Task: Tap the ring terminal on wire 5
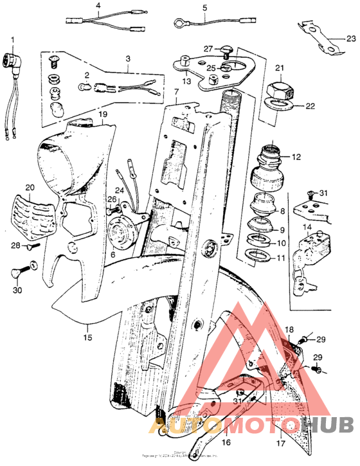tap(176, 24)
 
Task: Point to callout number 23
tap(350, 39)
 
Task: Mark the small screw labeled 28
tap(33, 246)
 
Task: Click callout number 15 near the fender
tap(87, 336)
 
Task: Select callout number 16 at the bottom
tap(226, 443)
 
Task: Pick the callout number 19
tap(102, 114)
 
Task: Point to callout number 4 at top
tap(98, 6)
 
